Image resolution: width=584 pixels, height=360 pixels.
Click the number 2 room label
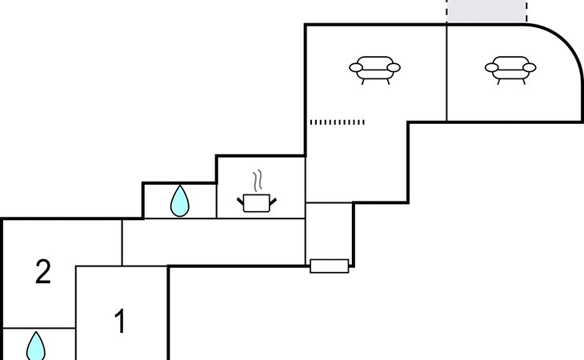click(43, 272)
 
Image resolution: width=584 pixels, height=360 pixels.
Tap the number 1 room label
click(120, 321)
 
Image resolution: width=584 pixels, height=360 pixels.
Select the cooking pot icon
click(257, 202)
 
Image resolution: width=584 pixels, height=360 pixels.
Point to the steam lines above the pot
click(258, 180)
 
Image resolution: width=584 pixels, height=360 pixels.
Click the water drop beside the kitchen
click(180, 201)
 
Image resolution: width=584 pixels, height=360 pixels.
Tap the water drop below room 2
click(36, 346)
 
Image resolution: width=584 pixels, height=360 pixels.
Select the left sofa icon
click(374, 70)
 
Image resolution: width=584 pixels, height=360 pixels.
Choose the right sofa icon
click(510, 70)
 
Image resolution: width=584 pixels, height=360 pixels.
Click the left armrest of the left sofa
click(356, 67)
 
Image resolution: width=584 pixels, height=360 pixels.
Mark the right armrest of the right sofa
click(530, 67)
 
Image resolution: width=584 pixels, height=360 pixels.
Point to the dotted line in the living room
click(338, 122)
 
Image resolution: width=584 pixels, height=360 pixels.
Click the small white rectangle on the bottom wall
click(330, 266)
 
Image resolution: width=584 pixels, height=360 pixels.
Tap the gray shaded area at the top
click(486, 11)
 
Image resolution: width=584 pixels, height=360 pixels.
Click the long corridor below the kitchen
click(214, 242)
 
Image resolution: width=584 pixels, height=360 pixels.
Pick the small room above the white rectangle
click(329, 231)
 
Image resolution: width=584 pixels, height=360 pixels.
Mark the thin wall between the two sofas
click(446, 73)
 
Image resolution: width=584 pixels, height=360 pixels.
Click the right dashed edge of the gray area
click(526, 11)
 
